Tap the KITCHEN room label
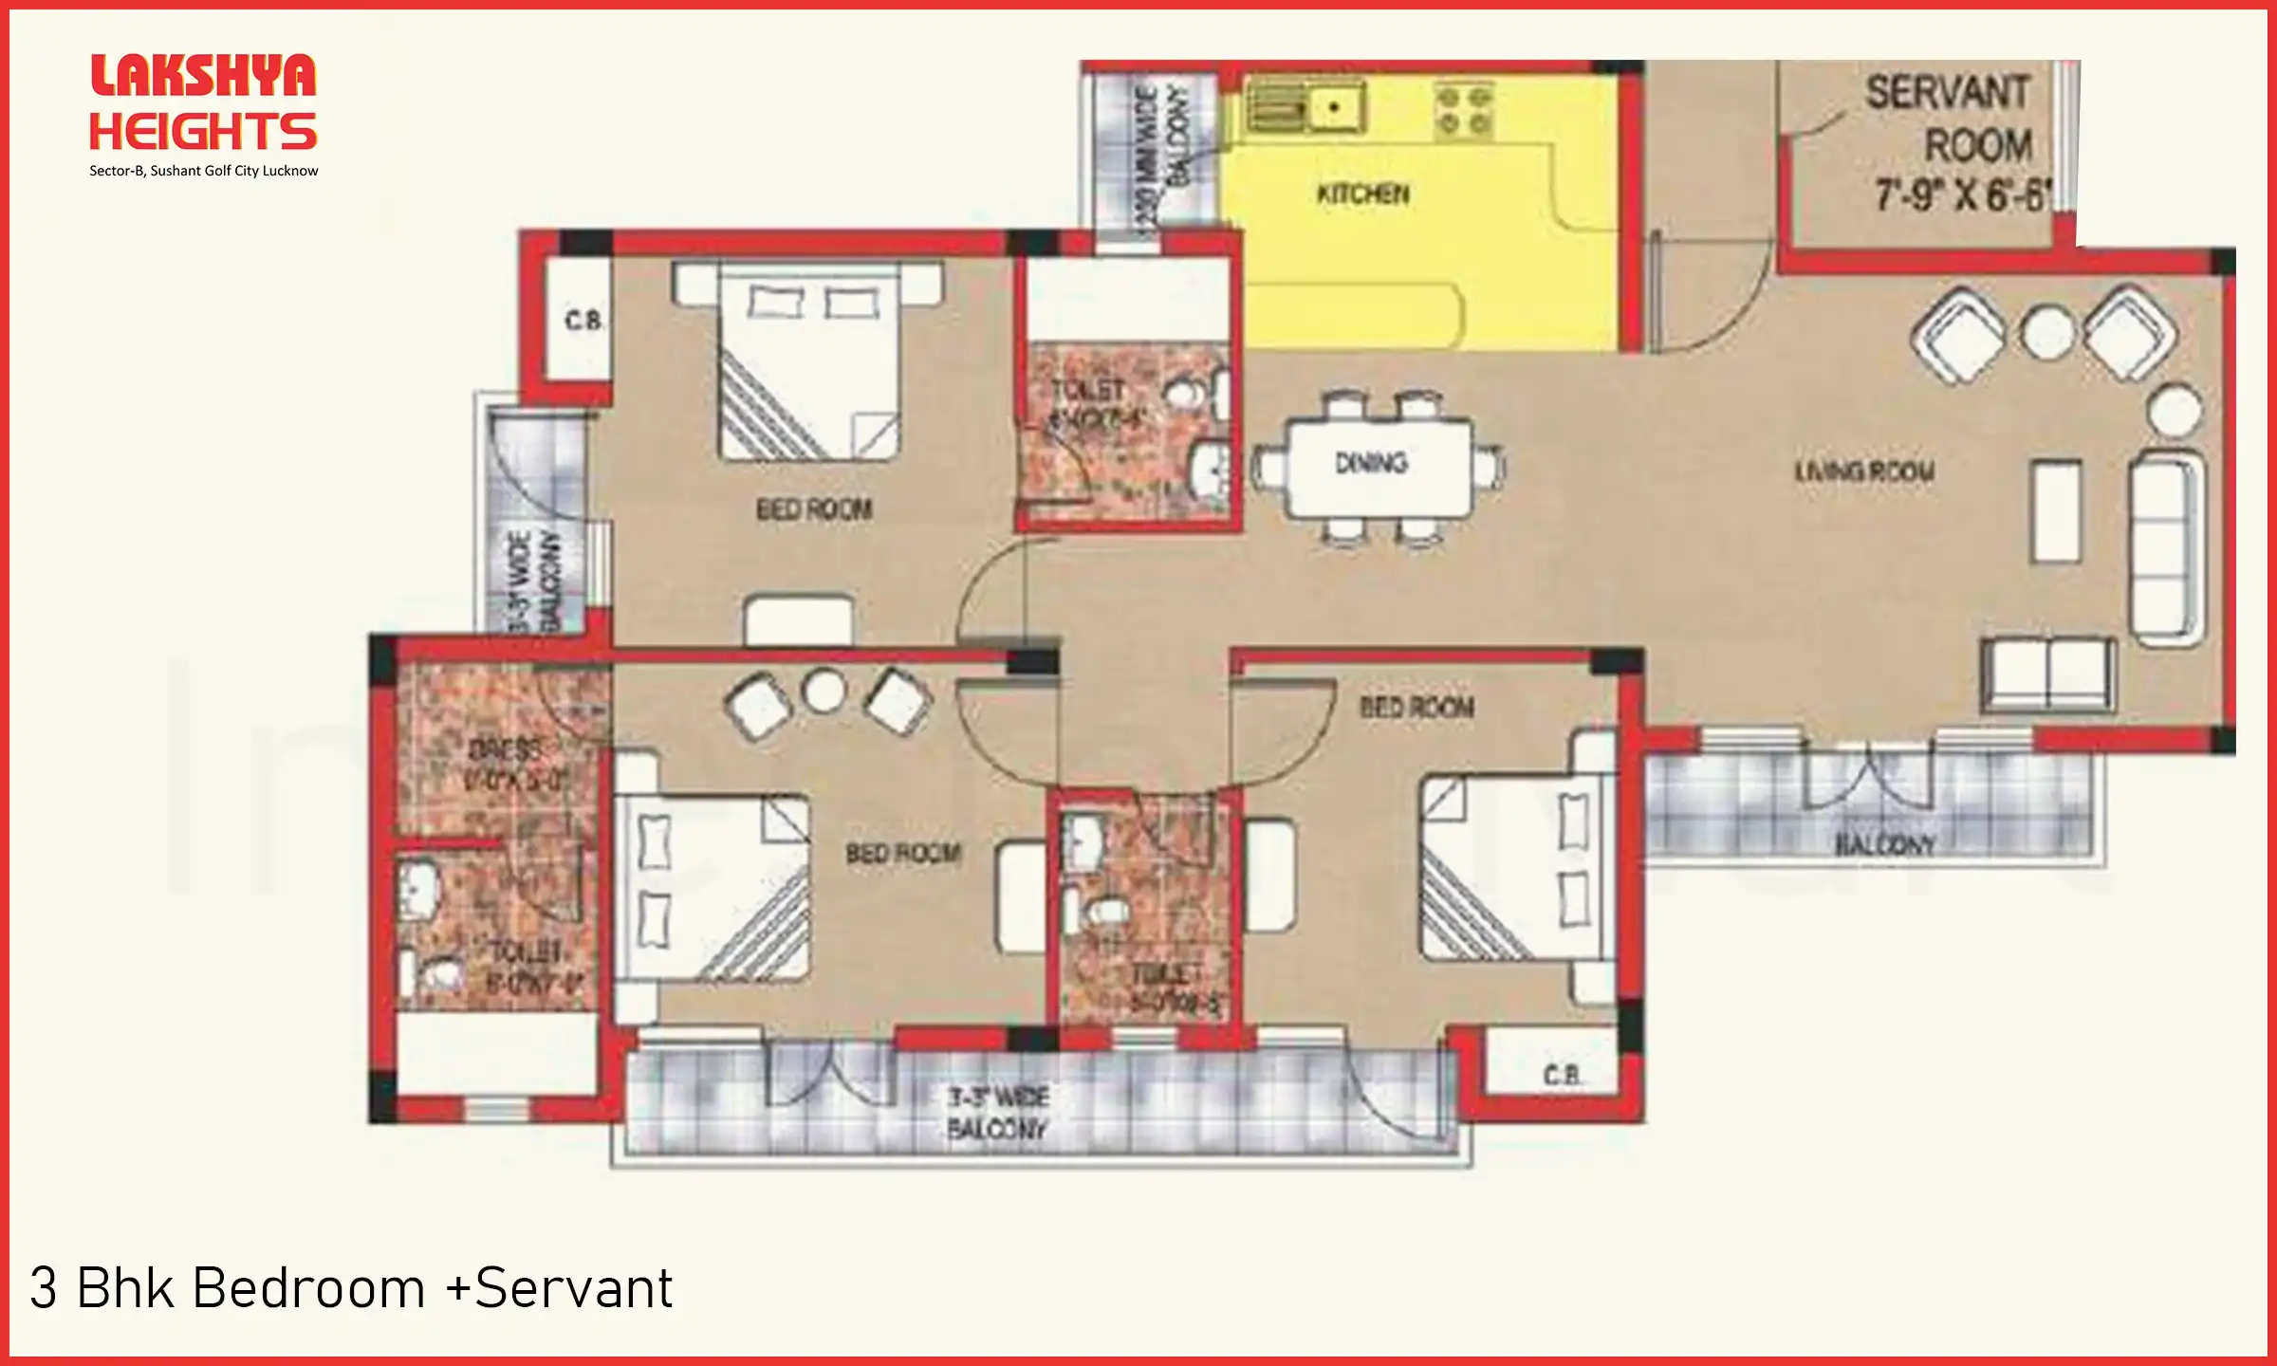point(1363,194)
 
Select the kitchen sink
point(1306,106)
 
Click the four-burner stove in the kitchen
point(1463,110)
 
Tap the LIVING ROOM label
point(1864,471)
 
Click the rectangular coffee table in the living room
point(2056,510)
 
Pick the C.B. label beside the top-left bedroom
point(583,322)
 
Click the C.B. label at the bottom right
point(1562,1076)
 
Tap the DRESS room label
point(505,751)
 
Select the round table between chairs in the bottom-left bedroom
point(824,691)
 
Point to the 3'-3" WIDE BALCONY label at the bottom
point(997,1113)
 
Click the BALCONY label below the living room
point(1883,844)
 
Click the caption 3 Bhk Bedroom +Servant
point(351,1288)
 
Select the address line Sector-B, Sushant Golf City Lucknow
point(203,171)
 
